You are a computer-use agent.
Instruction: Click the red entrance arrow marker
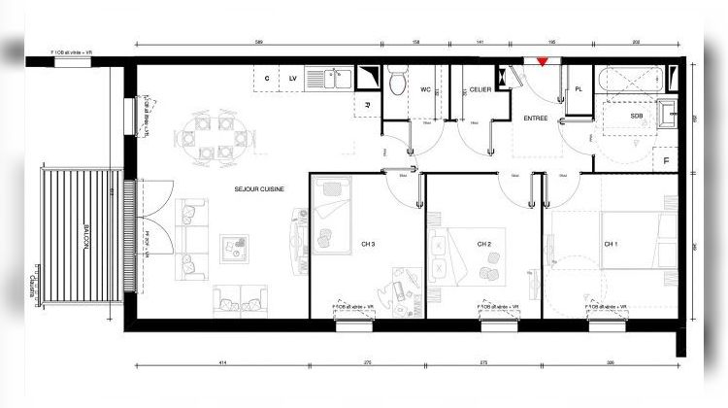pos(543,63)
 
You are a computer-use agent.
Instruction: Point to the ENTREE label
pos(535,119)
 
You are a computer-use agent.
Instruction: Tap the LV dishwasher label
pos(291,77)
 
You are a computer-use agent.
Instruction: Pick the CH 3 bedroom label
pos(367,243)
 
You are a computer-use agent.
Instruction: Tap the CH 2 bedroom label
pos(484,244)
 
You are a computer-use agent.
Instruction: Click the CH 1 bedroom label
pos(612,243)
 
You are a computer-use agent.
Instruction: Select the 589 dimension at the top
pos(258,44)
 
